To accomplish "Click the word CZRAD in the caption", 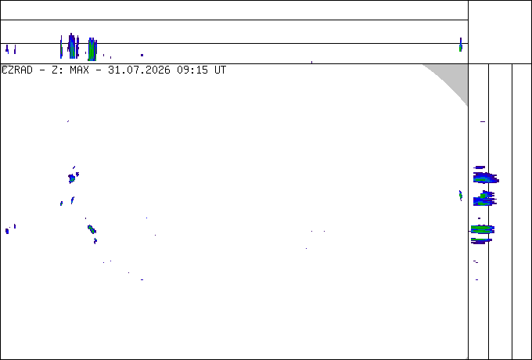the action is click(17, 70).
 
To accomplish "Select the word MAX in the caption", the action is click(79, 70).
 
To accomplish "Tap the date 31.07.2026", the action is click(139, 70).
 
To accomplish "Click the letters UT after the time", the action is click(220, 70).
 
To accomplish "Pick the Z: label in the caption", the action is click(57, 70).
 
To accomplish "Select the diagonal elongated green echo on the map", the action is click(92, 229).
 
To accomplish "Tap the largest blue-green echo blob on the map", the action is click(72, 178).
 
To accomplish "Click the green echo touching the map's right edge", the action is click(460, 196).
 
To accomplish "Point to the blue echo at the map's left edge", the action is click(7, 231).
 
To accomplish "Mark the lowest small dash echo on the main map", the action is click(142, 279).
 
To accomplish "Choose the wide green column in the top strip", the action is click(92, 49).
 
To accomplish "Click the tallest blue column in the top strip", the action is click(72, 45).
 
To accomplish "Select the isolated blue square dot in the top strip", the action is click(142, 55).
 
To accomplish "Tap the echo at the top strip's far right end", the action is click(460, 45).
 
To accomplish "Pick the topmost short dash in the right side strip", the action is click(483, 121).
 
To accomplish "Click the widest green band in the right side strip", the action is click(483, 229).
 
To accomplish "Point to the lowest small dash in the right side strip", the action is click(477, 279).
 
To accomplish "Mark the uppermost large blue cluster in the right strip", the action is click(486, 178).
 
